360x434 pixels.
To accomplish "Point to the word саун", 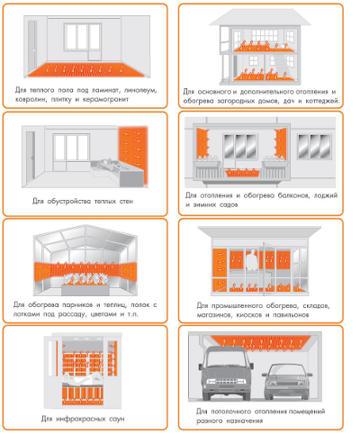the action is [115, 419].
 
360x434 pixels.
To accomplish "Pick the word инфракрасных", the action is [80, 419].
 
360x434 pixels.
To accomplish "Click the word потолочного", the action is [231, 411].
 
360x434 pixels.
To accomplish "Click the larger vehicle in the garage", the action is [226, 373].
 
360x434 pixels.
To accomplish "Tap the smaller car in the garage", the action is [287, 381].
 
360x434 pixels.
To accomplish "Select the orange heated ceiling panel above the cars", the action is [260, 342].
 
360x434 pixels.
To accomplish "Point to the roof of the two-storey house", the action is [260, 17].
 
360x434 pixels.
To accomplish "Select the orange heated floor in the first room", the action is [87, 70].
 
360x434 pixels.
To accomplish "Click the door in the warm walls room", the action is [31, 157].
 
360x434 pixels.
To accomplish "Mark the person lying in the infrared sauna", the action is [82, 380].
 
